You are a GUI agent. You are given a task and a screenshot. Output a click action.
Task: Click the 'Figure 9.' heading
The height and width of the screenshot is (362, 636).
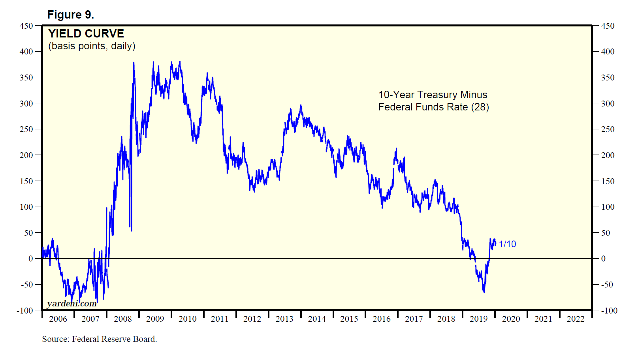pos(70,15)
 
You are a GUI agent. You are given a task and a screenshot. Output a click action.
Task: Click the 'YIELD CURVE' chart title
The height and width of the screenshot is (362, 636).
pos(86,34)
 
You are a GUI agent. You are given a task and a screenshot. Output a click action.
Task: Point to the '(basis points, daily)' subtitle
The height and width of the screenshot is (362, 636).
pos(92,46)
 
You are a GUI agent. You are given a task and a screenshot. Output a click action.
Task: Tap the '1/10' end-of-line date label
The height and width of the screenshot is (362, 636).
pos(507,244)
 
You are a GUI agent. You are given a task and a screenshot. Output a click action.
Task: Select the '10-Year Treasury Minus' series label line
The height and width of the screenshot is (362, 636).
pos(433,95)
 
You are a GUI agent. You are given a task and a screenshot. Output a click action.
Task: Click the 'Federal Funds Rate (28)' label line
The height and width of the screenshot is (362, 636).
pos(433,107)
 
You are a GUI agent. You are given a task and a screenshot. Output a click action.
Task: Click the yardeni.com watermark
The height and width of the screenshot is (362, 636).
pos(72,304)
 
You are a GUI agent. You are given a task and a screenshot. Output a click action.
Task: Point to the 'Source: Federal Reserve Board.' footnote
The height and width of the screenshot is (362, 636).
pos(100,339)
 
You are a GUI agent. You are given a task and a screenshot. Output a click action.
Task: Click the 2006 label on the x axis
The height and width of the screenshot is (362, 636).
pos(58,319)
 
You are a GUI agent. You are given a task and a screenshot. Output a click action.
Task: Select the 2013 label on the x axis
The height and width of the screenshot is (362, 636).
pos(284,319)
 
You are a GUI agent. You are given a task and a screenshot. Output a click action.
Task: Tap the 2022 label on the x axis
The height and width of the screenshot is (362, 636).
pos(576,319)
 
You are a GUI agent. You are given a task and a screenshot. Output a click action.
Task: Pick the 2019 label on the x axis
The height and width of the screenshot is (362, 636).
pos(478,319)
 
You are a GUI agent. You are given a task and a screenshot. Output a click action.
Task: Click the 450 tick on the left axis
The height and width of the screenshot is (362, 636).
pos(26,26)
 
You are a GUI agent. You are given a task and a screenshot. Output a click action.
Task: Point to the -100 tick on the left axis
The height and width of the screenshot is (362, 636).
pos(25,311)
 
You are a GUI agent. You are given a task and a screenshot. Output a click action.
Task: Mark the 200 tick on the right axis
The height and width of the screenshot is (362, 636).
pos(608,155)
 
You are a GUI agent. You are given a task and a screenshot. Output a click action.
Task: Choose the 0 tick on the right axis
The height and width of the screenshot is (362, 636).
pos(603,259)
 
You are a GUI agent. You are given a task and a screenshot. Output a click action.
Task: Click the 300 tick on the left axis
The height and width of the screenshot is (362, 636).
pos(26,104)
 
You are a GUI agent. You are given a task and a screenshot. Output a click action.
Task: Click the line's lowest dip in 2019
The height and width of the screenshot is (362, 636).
pos(484,292)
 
